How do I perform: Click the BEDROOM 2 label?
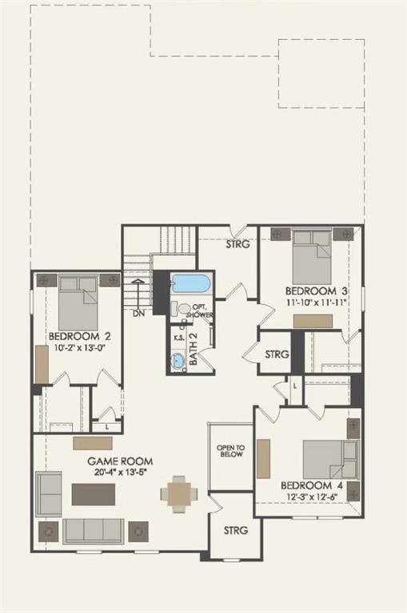coord(78,336)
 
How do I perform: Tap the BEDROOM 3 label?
coord(313,291)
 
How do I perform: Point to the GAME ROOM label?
coord(120,461)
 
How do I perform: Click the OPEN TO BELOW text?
coord(229,452)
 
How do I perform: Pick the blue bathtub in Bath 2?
coord(190,283)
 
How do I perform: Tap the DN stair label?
coord(138,314)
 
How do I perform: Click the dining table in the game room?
coord(178,494)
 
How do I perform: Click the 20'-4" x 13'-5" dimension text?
coord(120,473)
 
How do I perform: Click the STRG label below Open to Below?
coord(235,530)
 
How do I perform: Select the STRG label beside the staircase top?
coord(237,244)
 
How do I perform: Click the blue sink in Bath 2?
coord(177,361)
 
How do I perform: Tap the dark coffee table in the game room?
coord(94,494)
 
